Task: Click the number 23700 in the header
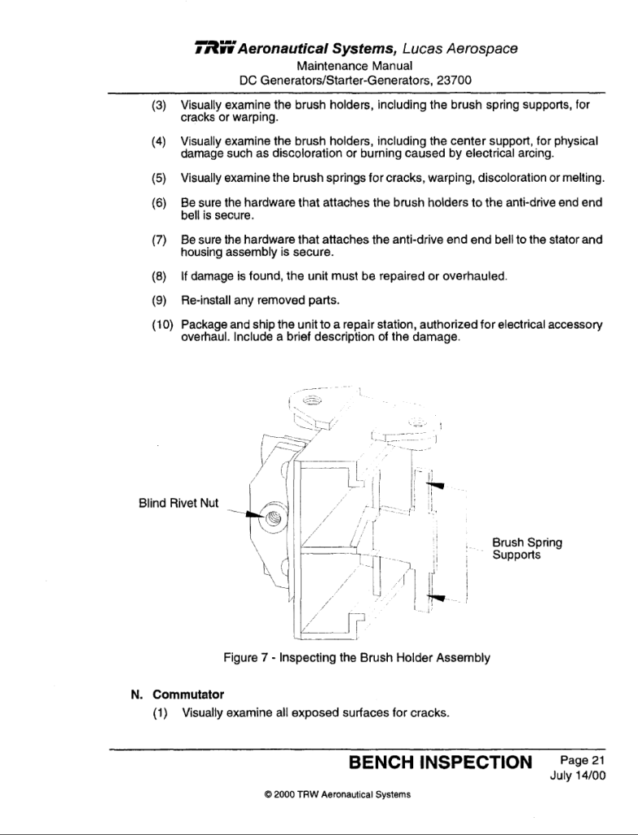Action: click(x=452, y=80)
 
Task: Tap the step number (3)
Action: click(x=160, y=106)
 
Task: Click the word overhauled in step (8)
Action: click(x=467, y=276)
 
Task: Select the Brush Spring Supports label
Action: click(x=526, y=548)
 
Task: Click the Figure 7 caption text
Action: click(x=357, y=657)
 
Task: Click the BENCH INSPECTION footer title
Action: click(x=439, y=762)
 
